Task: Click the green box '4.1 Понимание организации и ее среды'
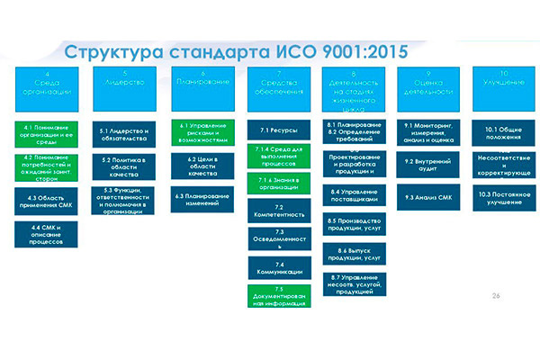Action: (46, 134)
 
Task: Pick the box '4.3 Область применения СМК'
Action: (46, 200)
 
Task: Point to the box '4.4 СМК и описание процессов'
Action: (46, 235)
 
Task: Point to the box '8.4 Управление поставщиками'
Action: (355, 196)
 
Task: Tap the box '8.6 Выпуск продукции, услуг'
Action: (355, 255)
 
